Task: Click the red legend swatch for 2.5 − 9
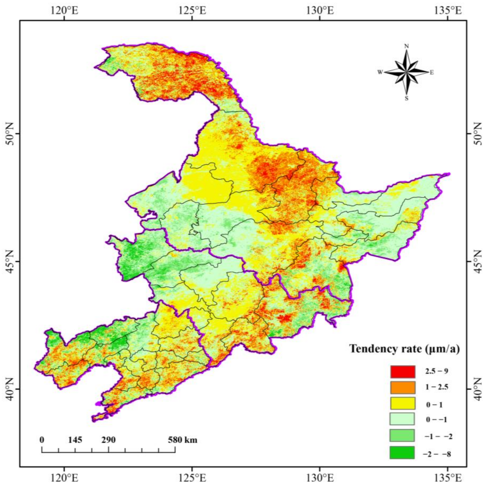[402, 372]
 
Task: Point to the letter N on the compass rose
[407, 46]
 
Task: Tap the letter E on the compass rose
[432, 72]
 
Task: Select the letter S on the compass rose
[407, 99]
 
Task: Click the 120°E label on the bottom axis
[65, 477]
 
